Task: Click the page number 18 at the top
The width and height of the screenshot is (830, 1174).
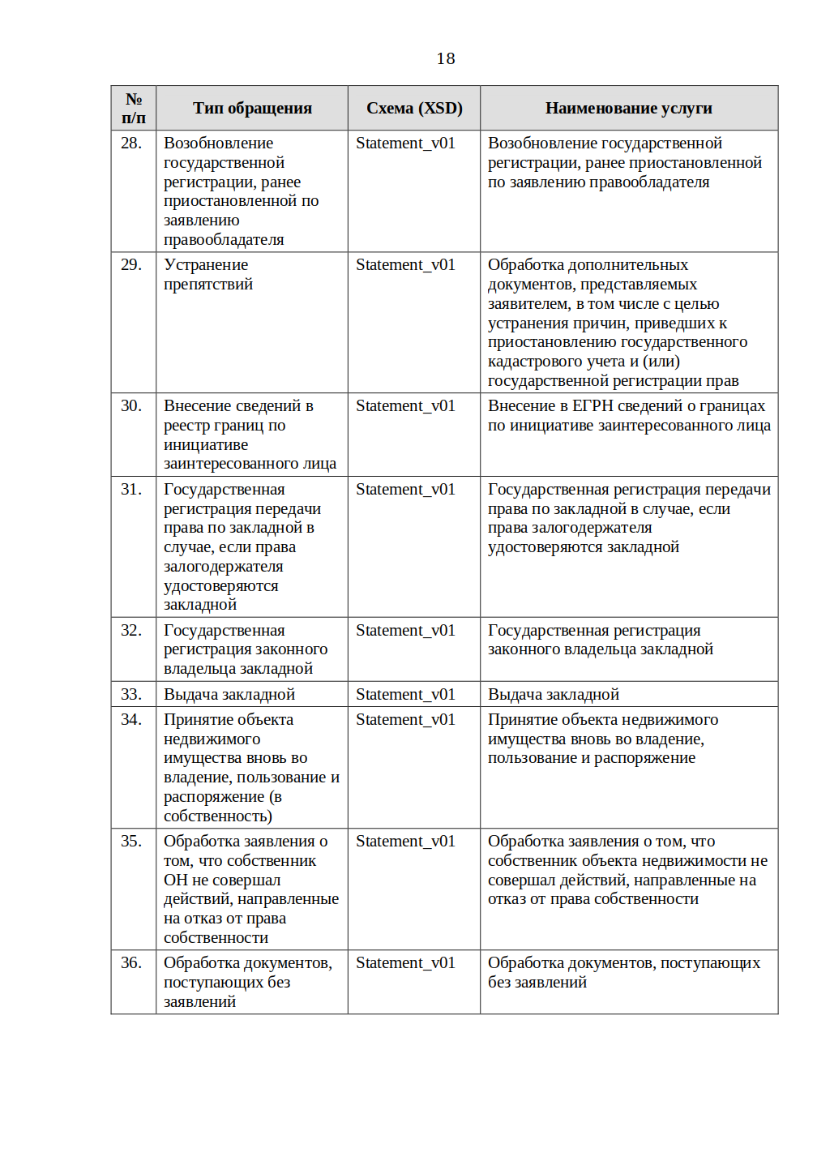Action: point(446,58)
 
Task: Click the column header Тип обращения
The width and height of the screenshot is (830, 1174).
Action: point(252,108)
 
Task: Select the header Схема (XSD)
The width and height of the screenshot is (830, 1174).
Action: point(414,108)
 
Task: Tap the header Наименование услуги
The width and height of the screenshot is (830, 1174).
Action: point(628,108)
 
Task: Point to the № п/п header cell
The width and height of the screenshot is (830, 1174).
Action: point(134,108)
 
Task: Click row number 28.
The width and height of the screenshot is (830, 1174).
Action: point(131,144)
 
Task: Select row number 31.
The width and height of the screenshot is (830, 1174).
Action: point(131,490)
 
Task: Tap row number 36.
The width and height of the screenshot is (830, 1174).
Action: point(131,963)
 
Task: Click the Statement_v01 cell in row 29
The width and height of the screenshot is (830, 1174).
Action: point(405,265)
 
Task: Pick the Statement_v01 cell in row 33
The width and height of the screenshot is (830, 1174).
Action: point(405,695)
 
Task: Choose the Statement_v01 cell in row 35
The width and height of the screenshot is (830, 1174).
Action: point(405,842)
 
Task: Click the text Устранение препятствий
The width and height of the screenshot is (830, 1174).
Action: point(208,275)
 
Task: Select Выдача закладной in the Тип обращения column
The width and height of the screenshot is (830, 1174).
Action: point(229,695)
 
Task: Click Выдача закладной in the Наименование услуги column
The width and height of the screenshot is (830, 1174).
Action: point(554,695)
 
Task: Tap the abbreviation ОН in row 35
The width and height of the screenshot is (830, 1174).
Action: point(176,880)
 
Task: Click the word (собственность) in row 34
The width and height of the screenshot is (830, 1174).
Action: point(218,816)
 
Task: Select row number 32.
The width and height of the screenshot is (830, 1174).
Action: point(131,631)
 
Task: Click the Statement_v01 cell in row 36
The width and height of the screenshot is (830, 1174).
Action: point(405,963)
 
